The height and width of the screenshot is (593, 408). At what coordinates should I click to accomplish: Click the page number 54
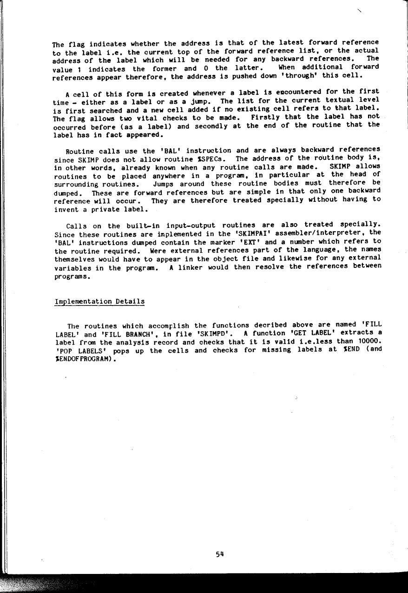[x=220, y=554]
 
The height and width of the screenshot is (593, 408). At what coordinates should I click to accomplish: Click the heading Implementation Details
[x=99, y=301]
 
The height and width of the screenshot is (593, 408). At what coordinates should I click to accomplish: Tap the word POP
[x=63, y=351]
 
